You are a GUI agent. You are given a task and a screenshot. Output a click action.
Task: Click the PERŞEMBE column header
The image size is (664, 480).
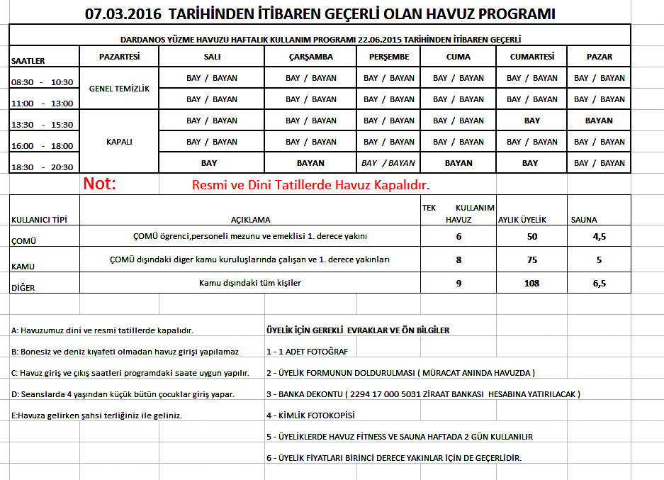[389, 57]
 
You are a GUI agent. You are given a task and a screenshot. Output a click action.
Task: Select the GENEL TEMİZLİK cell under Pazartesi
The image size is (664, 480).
[120, 89]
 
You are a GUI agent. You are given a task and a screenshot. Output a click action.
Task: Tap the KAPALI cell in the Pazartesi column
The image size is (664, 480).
[119, 142]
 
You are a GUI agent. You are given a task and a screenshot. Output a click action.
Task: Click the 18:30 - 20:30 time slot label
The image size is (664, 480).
[42, 167]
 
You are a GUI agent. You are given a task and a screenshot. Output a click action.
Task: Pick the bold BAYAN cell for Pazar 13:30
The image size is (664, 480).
[599, 121]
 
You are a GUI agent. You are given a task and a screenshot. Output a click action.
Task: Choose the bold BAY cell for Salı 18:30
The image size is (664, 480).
[209, 163]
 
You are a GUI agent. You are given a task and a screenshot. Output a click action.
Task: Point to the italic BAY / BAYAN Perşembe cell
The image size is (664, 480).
[388, 163]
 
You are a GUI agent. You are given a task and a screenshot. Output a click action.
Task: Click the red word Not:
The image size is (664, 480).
[100, 184]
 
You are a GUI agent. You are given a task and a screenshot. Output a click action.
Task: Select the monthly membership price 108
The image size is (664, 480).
[532, 283]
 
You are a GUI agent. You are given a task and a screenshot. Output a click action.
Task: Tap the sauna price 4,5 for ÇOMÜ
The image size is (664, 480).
[599, 236]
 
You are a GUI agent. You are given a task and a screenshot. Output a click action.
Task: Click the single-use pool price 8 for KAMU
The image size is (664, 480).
[458, 259]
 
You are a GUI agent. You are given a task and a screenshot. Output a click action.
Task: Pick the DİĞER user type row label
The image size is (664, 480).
[23, 288]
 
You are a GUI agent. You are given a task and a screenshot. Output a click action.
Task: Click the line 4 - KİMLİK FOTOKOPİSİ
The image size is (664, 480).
[310, 415]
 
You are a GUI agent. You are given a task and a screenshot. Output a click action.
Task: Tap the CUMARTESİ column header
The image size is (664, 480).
[531, 57]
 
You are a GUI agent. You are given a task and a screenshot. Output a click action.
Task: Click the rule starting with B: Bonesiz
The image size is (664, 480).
[125, 352]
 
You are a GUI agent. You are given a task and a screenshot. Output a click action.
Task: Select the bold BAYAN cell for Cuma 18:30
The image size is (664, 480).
[458, 163]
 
